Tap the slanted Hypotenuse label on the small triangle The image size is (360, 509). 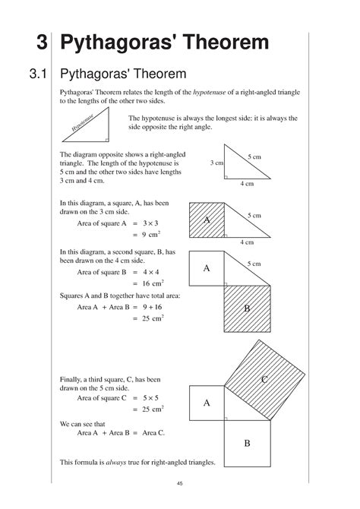[x=84, y=125]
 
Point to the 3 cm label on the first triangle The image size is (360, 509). [x=216, y=163]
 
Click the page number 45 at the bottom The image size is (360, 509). [x=179, y=484]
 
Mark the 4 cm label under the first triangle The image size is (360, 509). [x=246, y=184]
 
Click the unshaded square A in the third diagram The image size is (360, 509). [x=207, y=267]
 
